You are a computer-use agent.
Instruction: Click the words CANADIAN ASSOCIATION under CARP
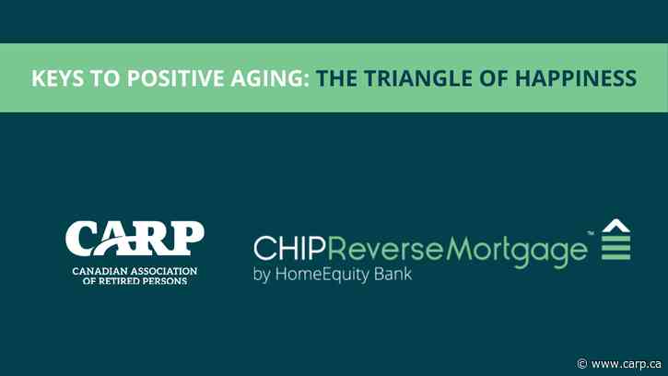pos(135,272)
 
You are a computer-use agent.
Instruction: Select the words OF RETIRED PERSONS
pos(135,281)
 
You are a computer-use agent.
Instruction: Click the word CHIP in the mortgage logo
pos(288,251)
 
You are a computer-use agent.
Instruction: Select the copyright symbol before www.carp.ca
pos(582,363)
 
